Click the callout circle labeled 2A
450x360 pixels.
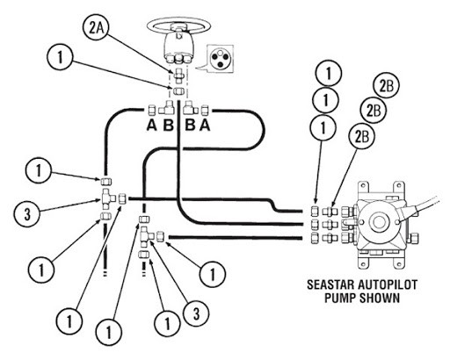click(x=94, y=28)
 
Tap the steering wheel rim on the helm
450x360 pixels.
click(x=178, y=19)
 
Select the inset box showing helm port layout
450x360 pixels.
click(x=220, y=59)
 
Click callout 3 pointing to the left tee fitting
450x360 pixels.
click(x=26, y=214)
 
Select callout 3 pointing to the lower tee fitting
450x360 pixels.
click(x=196, y=313)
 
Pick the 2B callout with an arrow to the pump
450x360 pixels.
click(x=362, y=136)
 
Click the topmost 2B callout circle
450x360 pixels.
click(x=387, y=86)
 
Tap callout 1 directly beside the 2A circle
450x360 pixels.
click(x=60, y=57)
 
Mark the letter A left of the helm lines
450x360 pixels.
click(x=152, y=126)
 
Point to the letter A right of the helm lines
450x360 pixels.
click(x=205, y=126)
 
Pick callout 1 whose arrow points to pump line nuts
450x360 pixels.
click(x=323, y=127)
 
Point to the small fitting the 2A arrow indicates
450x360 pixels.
click(x=178, y=76)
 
